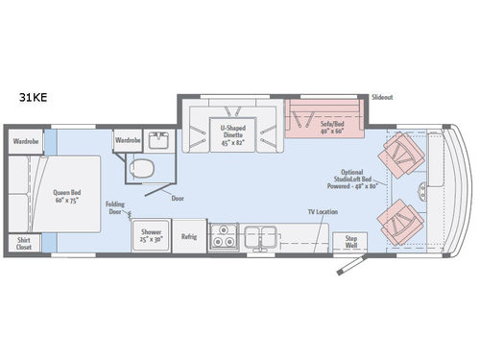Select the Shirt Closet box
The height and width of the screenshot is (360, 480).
coord(23,244)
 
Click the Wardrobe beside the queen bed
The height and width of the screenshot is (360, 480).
coord(26,141)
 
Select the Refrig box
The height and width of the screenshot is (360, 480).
coord(189,237)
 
